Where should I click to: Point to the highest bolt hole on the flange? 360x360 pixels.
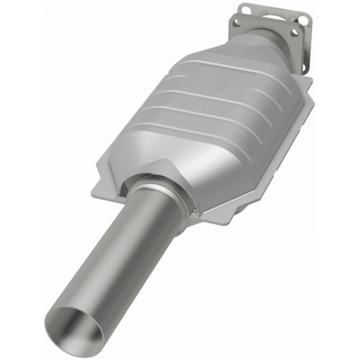coord(244,8)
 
